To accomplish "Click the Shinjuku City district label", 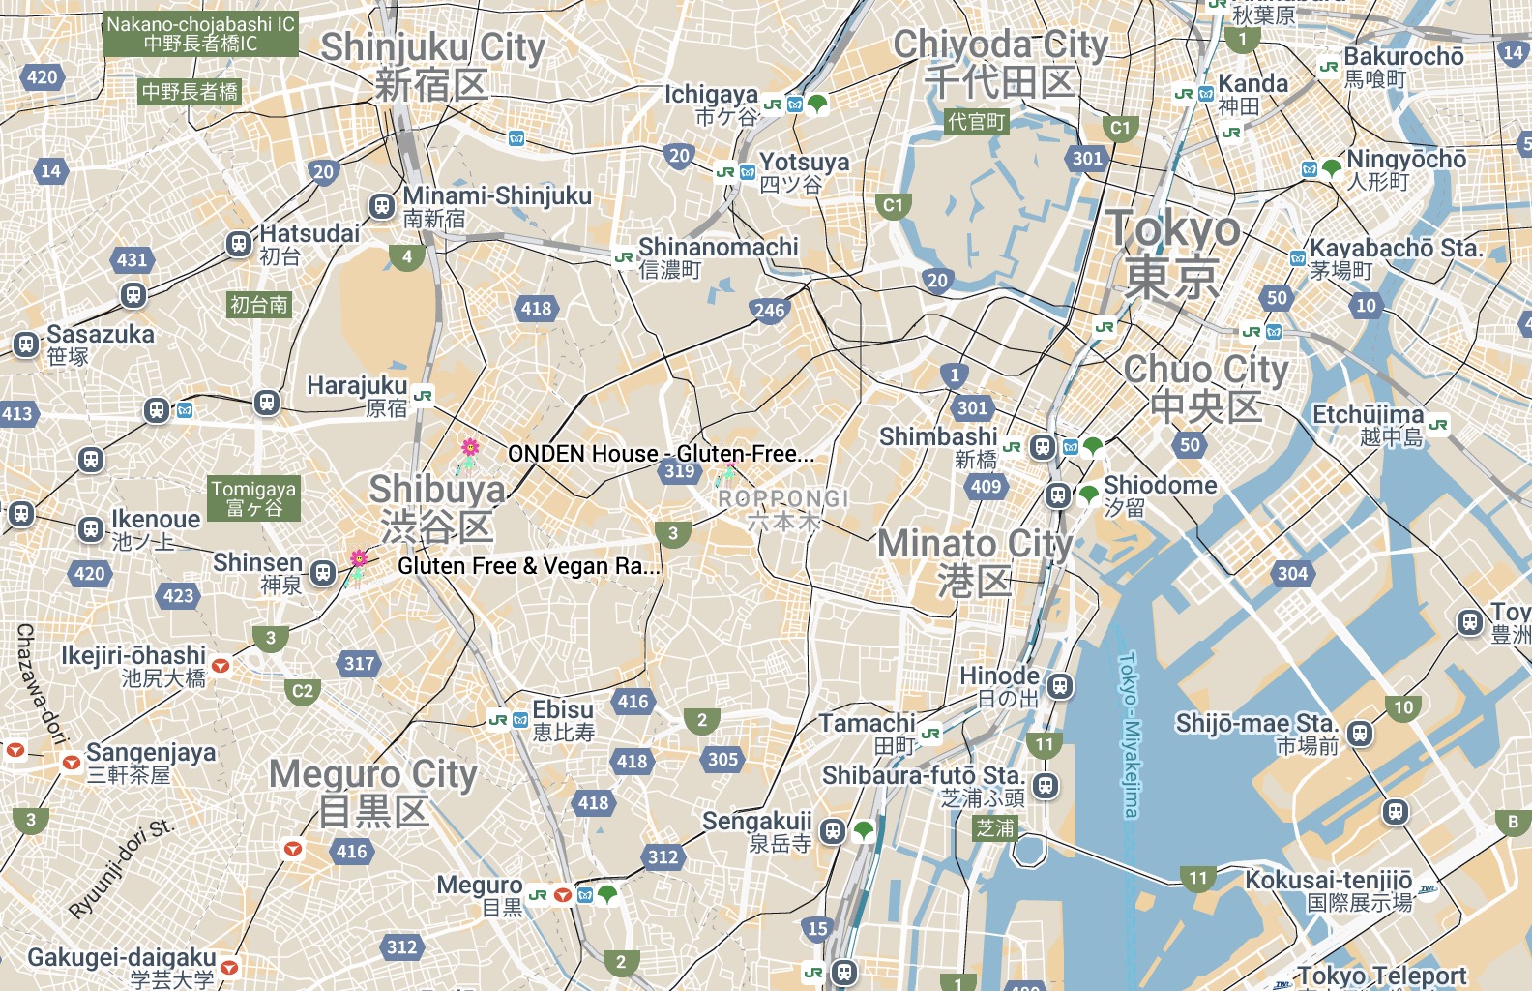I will click(x=432, y=64).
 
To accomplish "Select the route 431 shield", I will click(x=132, y=259).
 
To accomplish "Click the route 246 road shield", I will click(x=769, y=311).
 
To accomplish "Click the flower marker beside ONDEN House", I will click(x=469, y=449).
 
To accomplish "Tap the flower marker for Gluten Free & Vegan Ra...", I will click(x=359, y=559).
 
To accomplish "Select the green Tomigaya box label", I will click(x=253, y=498).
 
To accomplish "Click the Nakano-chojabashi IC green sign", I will click(x=200, y=34).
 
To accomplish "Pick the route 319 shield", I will click(x=679, y=471).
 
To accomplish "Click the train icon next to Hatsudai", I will click(x=239, y=244).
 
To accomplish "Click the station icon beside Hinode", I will click(x=1060, y=686).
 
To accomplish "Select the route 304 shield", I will click(x=1292, y=574).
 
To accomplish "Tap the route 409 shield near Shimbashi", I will click(x=986, y=487).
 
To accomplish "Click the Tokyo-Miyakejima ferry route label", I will click(x=1129, y=736).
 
